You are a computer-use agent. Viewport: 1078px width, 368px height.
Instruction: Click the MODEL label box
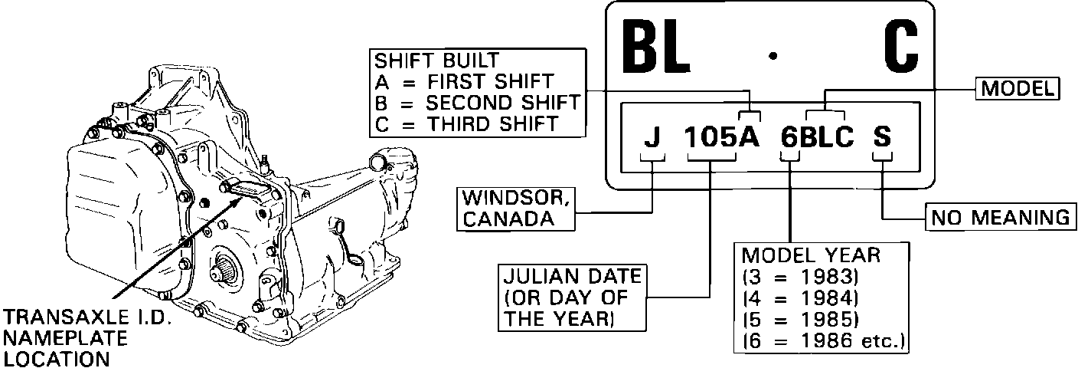pyautogui.click(x=1017, y=90)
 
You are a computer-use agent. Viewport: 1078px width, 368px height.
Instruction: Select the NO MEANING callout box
pyautogui.click(x=998, y=218)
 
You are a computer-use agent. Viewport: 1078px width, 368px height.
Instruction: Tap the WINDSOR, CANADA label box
pyautogui.click(x=514, y=207)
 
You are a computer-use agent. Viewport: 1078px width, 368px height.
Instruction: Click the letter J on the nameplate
pyautogui.click(x=652, y=137)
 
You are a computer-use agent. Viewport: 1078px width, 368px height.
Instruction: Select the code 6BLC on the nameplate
pyautogui.click(x=817, y=137)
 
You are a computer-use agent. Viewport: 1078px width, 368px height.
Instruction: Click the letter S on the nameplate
pyautogui.click(x=883, y=137)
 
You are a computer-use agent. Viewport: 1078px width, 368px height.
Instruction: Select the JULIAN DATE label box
pyautogui.click(x=571, y=297)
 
